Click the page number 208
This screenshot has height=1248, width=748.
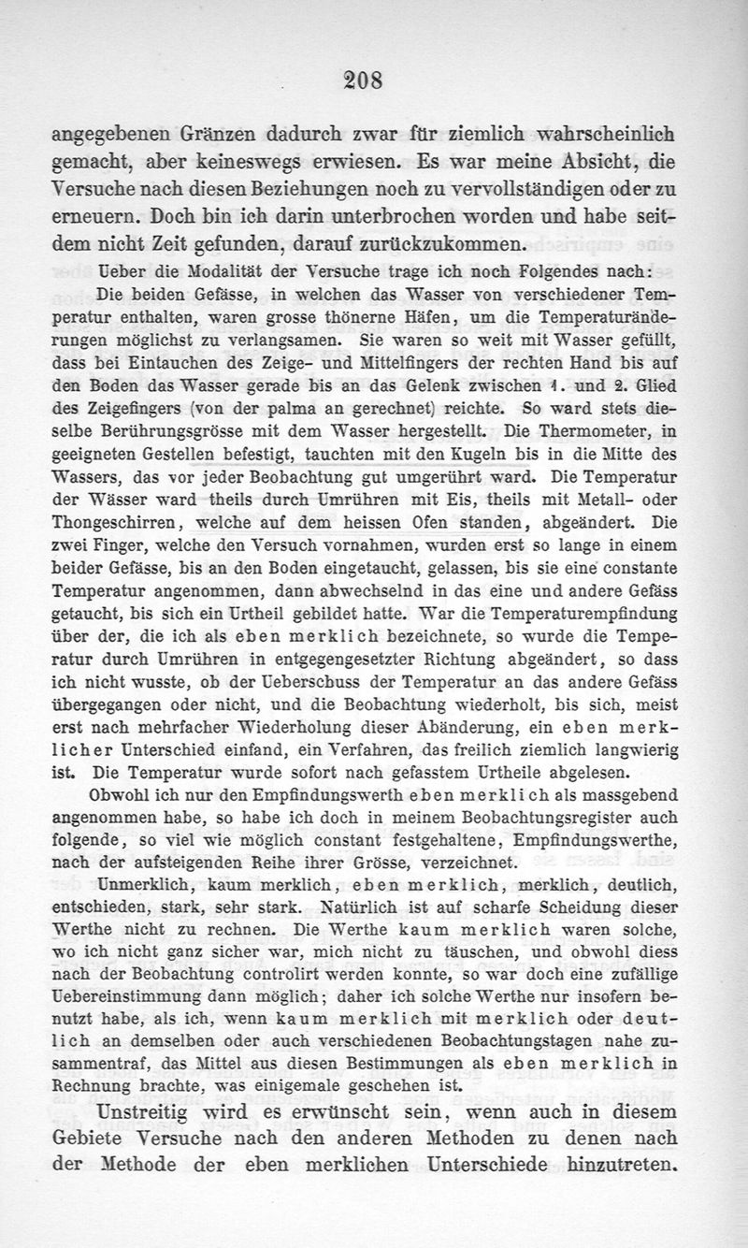pos(362,80)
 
